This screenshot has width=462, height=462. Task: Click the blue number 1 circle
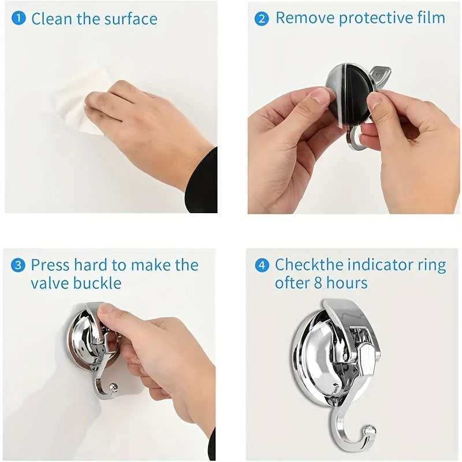[x=19, y=18]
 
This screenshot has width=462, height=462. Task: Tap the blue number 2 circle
[x=262, y=18]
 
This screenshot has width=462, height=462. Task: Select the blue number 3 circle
[x=19, y=266]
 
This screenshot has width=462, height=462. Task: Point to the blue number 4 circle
[x=262, y=266]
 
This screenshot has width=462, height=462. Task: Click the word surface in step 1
[x=131, y=18]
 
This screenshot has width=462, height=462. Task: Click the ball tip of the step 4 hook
[x=370, y=430]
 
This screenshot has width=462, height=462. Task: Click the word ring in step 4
[x=431, y=266]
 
